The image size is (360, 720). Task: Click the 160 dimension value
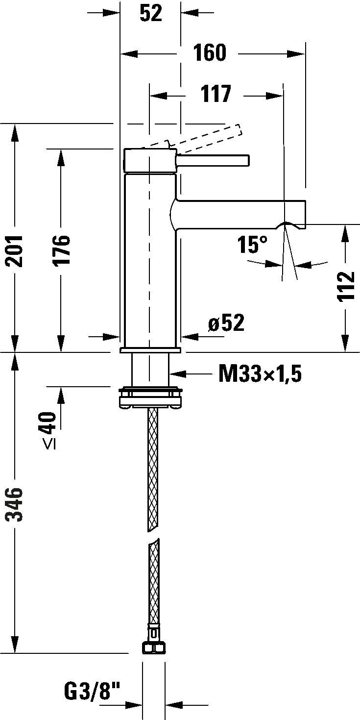pyautogui.click(x=210, y=53)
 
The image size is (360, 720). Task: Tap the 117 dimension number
pyautogui.click(x=216, y=94)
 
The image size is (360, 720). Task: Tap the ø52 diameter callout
pyautogui.click(x=226, y=323)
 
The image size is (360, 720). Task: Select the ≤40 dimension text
pyautogui.click(x=49, y=431)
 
